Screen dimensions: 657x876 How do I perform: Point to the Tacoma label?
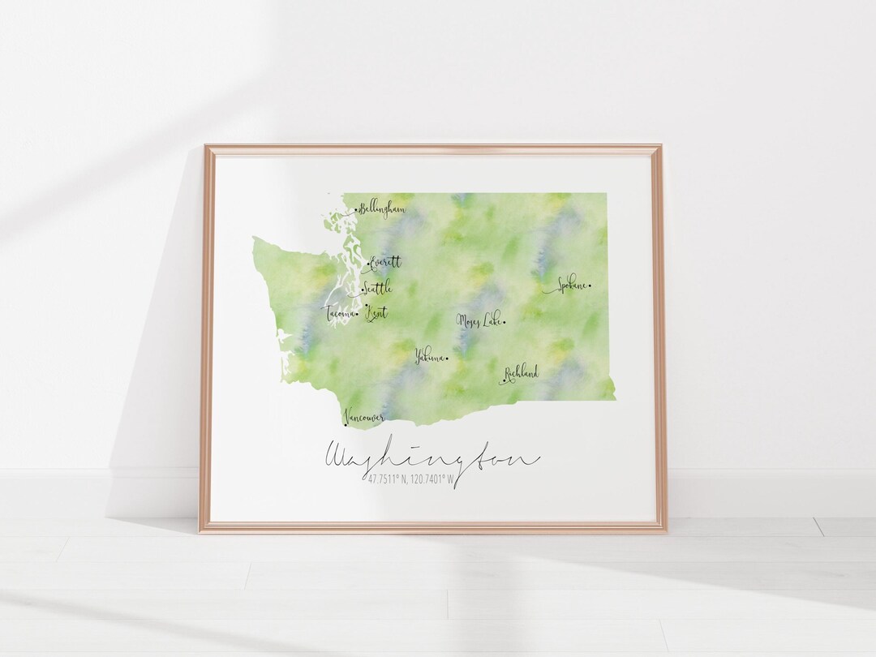pos(340,313)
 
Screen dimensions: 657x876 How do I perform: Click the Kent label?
pos(376,312)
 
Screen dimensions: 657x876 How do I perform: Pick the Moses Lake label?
pos(479,321)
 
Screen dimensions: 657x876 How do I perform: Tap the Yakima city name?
pos(429,355)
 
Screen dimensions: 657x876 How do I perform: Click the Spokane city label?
pos(571,286)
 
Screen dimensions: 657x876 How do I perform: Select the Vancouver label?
pos(365,415)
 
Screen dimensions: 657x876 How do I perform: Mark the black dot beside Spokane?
pos(590,286)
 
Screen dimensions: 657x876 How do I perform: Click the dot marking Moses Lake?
pos(505,322)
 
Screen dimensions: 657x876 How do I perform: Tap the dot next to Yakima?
pos(447,356)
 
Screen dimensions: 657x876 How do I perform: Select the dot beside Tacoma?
pos(357,314)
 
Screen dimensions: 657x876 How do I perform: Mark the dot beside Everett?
pos(367,264)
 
